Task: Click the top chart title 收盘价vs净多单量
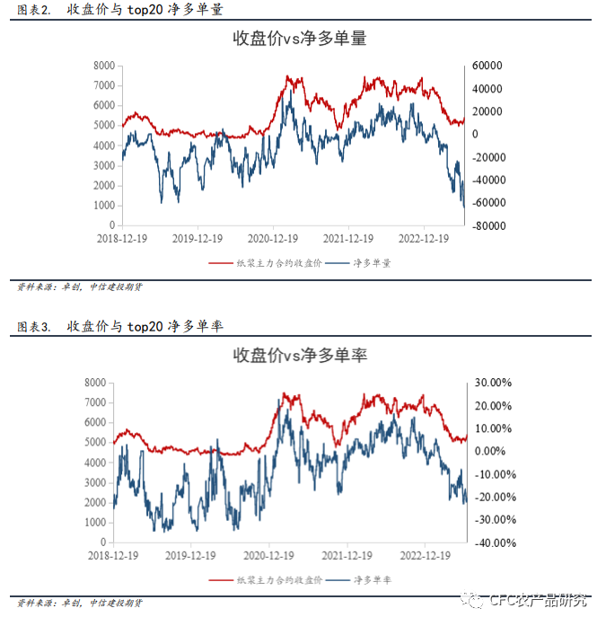(300, 40)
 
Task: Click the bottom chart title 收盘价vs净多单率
(300, 356)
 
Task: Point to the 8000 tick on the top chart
(104, 66)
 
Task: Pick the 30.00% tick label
(493, 383)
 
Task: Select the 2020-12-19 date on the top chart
(272, 239)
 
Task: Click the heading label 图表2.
(34, 11)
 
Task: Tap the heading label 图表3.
(34, 327)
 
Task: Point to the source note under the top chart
(81, 287)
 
